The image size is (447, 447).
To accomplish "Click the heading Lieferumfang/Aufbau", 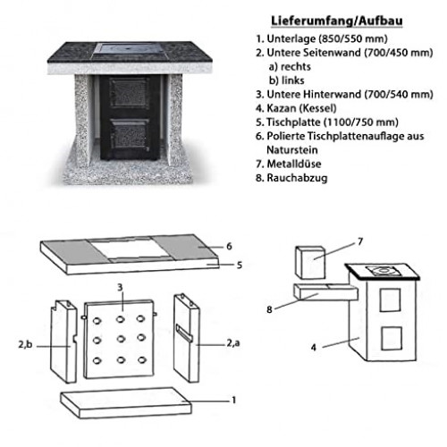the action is coord(337,21).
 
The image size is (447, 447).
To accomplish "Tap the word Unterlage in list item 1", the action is coord(291,38).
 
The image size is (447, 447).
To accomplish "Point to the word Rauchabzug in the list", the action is coord(297,178).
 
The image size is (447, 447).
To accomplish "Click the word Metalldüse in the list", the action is coord(294,164).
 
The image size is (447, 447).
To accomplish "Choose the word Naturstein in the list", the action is coord(292,150).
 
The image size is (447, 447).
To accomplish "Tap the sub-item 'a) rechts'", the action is coord(290,66).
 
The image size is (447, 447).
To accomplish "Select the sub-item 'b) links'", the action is coord(286,80).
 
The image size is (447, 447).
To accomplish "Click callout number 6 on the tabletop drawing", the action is coord(229,247).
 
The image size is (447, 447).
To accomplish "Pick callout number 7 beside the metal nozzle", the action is coord(360,241).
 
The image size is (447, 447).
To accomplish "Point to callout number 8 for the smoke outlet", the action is coord(269,309).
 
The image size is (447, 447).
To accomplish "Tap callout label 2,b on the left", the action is coord(25,344).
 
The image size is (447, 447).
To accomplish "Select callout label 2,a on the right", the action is coord(233,343).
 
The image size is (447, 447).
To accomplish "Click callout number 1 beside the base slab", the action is coord(234,400).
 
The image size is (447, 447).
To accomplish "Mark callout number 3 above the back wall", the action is coord(120,287).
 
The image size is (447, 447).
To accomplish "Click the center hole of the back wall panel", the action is coord(121,339).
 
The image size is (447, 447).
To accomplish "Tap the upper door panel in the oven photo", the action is coord(129,92).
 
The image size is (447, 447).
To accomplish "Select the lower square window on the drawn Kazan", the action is coord(392,338).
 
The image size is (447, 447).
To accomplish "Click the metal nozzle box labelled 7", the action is coord(310,262).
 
